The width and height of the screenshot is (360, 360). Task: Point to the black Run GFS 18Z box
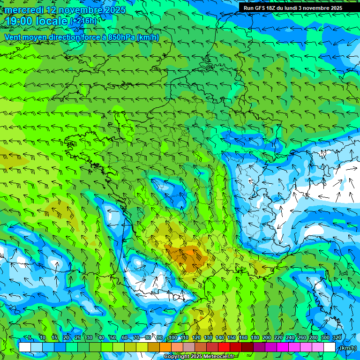(x=292, y=7)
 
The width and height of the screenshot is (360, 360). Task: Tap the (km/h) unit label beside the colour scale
(x=348, y=348)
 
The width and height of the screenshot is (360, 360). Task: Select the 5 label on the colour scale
(x=30, y=338)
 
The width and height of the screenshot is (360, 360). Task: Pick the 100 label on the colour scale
(x=173, y=338)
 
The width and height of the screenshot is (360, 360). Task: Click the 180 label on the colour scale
(x=255, y=338)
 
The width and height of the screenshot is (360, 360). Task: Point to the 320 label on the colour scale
(x=337, y=338)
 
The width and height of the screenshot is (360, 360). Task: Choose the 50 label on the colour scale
(x=112, y=338)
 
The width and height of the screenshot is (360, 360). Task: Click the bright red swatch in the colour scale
(x=224, y=347)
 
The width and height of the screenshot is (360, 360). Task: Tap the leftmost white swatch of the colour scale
(x=25, y=347)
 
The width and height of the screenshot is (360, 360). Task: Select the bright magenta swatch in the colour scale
(x=282, y=347)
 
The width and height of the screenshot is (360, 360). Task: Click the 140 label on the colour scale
(x=220, y=338)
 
